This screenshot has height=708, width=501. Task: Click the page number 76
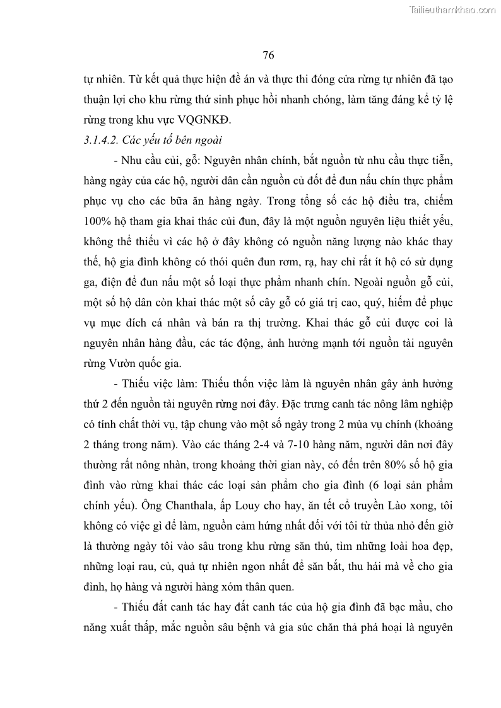pos(268,55)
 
